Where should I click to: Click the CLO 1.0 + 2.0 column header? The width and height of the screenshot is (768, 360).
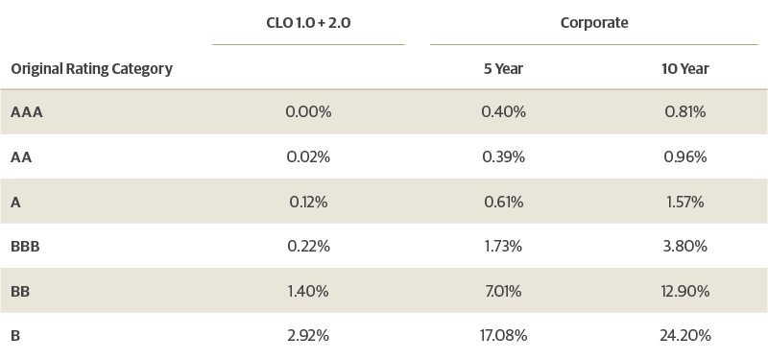308,22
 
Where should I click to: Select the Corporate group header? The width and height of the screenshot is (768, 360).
593,22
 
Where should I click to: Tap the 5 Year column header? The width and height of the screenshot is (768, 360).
503,69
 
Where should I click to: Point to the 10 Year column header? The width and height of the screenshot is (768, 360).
685,69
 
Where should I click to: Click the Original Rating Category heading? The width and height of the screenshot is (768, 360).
91,69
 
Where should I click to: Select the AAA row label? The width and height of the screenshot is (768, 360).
27,112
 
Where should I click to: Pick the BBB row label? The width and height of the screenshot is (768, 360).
24,247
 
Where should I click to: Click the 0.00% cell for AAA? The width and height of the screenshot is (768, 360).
308,112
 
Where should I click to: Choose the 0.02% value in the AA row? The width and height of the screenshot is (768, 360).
308,156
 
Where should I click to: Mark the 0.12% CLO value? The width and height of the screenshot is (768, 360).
308,202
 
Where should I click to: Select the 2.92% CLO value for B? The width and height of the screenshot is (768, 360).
308,336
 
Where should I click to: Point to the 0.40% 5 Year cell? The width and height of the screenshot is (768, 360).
503,112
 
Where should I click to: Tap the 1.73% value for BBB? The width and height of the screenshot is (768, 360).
503,247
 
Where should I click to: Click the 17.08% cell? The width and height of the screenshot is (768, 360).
503,336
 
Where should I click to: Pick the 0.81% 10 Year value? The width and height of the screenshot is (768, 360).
685,112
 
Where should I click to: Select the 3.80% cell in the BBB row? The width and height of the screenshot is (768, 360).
685,247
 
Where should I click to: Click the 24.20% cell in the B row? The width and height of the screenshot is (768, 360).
685,336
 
